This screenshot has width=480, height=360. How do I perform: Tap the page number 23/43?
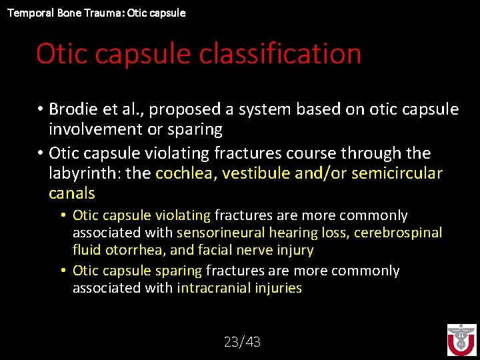[x=242, y=342]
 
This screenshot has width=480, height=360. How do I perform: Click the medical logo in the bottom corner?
[x=461, y=341]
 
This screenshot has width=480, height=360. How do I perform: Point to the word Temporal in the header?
[x=28, y=13]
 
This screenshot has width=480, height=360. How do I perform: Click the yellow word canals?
[x=72, y=194]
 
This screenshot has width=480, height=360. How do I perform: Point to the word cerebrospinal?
[x=398, y=233]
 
